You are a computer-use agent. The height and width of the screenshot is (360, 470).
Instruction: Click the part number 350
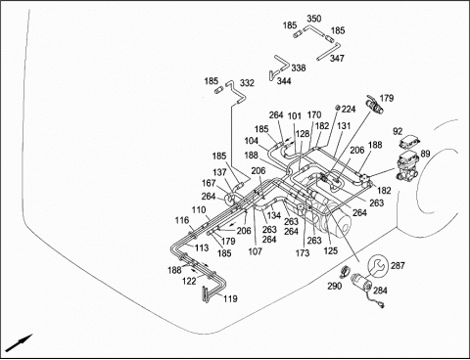coord(314,19)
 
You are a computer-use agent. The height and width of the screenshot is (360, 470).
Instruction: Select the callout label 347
coord(337,59)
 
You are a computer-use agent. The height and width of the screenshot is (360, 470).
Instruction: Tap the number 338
coord(299,67)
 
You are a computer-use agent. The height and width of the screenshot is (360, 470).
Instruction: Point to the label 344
coord(284,81)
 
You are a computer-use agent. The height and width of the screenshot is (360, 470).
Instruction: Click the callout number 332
coord(247,83)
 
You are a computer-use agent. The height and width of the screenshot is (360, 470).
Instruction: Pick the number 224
coord(349,109)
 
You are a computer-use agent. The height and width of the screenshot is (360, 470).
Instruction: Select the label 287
coord(398,266)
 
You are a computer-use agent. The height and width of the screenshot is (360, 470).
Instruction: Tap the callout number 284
coord(380,291)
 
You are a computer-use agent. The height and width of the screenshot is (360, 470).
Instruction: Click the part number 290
coord(335,286)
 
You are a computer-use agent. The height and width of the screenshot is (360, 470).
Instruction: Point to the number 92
coord(398,132)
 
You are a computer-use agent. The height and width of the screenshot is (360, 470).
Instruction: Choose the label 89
coord(425,154)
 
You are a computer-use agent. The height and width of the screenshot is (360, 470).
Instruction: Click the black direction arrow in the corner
coord(20,342)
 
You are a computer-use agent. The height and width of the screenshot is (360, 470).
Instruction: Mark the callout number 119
coord(230,298)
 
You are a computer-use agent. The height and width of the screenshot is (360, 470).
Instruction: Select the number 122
coord(189,281)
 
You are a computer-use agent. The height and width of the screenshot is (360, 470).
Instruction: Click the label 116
coord(182,220)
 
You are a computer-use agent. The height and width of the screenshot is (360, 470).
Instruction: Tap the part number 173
coord(303,252)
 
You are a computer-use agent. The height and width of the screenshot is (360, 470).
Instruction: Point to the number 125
coord(330,251)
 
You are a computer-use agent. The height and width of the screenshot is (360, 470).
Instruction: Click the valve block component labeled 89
coord(407,166)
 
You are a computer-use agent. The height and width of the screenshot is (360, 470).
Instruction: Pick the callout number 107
coord(255,251)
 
